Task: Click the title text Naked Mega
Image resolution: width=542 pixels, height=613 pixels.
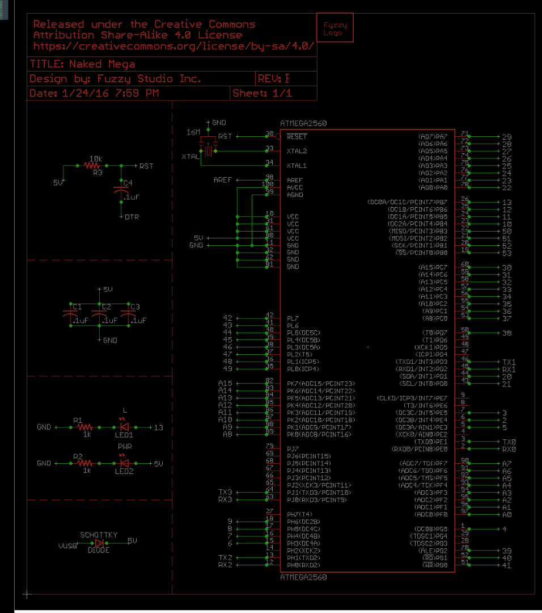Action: click(82, 64)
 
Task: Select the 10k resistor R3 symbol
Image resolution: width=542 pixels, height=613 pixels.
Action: click(92, 165)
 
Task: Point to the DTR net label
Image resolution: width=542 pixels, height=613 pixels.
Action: click(132, 217)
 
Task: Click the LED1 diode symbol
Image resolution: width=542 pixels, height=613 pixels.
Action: click(124, 427)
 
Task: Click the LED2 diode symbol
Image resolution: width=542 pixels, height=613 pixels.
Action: click(124, 463)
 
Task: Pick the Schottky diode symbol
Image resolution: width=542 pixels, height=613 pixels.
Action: click(99, 543)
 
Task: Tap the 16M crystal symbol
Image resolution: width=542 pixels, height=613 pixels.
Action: click(209, 150)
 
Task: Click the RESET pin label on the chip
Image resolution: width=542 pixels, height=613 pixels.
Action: click(297, 137)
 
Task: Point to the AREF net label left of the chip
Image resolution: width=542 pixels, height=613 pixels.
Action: click(222, 180)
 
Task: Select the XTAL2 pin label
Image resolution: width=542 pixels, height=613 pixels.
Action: click(297, 151)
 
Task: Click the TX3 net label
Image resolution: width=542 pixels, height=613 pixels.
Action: click(225, 492)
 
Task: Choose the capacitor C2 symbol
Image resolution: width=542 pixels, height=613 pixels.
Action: click(100, 312)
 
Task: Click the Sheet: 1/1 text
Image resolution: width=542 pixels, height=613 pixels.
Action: click(262, 93)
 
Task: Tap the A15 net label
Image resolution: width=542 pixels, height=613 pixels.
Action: click(225, 383)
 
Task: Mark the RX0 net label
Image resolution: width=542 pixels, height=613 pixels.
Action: click(509, 449)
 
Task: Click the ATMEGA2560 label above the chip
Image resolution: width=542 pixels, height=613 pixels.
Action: click(303, 123)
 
